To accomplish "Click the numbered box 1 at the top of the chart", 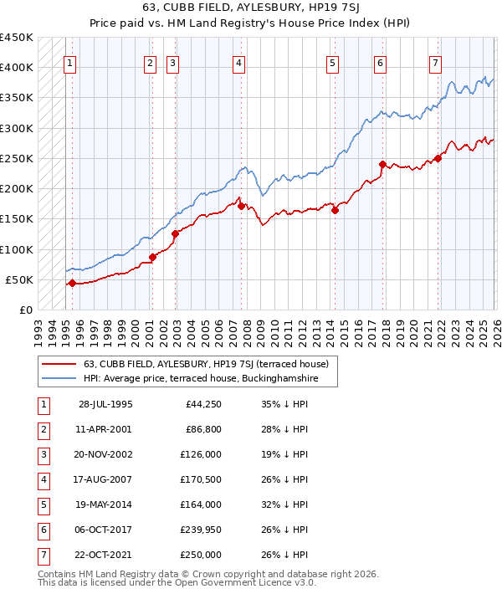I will pyautogui.click(x=69, y=62).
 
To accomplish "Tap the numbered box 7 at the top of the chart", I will pyautogui.click(x=436, y=62).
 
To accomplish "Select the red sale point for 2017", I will pyautogui.click(x=382, y=165).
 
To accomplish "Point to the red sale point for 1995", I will pyautogui.click(x=72, y=283).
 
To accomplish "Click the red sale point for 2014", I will pyautogui.click(x=335, y=211).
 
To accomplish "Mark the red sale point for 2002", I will pyautogui.click(x=175, y=233).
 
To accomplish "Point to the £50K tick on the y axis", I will pyautogui.click(x=20, y=279).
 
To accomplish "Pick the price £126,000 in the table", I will pyautogui.click(x=202, y=454).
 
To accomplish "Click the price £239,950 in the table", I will pyautogui.click(x=202, y=530).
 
